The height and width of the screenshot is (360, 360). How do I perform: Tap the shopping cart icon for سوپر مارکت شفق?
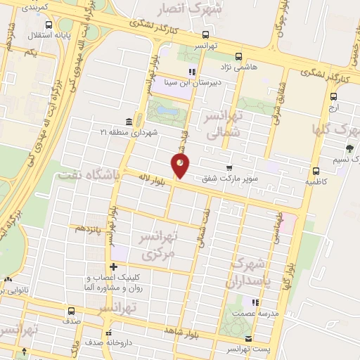click(230, 167)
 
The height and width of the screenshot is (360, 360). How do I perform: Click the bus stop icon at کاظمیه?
click(315, 170)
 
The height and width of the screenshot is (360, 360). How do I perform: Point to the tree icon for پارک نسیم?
click(349, 148)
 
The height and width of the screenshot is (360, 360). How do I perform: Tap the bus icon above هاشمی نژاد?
click(238, 56)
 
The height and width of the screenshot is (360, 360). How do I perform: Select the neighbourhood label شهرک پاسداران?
click(246, 273)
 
